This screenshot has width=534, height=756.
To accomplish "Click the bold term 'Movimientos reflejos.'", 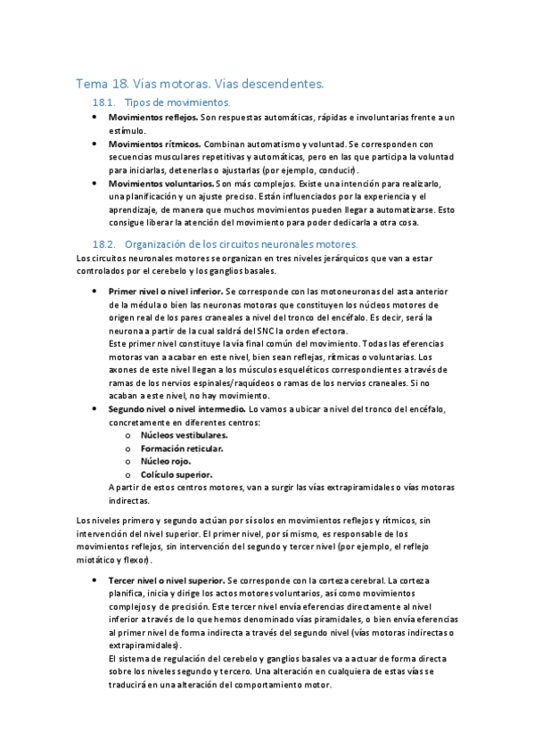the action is (152, 118).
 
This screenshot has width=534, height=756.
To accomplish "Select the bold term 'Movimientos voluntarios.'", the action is (161, 183).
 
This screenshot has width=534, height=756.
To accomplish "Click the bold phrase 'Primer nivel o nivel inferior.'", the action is (166, 292).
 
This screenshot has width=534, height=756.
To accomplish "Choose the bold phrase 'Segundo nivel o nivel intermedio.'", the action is (177, 408).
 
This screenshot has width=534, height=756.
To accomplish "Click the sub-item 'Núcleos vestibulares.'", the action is (184, 435).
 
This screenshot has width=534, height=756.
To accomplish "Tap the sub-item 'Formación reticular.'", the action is (182, 448).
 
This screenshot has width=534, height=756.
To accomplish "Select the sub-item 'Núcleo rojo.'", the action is (166, 462).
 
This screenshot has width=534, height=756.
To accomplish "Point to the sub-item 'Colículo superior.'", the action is (177, 475).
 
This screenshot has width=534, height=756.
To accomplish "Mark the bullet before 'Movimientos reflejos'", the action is (95, 118).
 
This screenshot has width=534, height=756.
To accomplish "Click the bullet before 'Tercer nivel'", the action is (95, 579).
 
